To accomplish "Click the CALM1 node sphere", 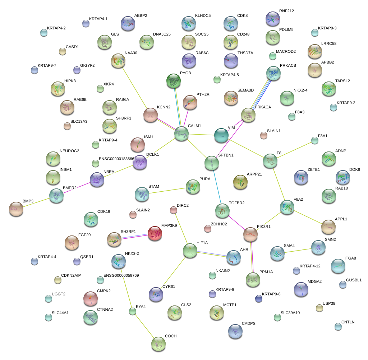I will coord(181,134).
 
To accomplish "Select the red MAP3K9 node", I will coord(155,233).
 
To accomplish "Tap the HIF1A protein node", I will coord(190,251).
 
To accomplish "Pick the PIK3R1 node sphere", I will coord(250,234).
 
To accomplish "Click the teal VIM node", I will coord(221,135).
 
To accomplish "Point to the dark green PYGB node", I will coord(174,81).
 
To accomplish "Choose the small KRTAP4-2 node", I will coord(44,33).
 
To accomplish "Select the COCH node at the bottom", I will coord(158,344).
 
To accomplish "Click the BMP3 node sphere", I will coord(16,209).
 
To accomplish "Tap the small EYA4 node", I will coord(133,311).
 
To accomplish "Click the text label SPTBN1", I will coord(226,155).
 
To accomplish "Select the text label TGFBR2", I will coord(236,203).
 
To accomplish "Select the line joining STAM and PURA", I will coord(167,190).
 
